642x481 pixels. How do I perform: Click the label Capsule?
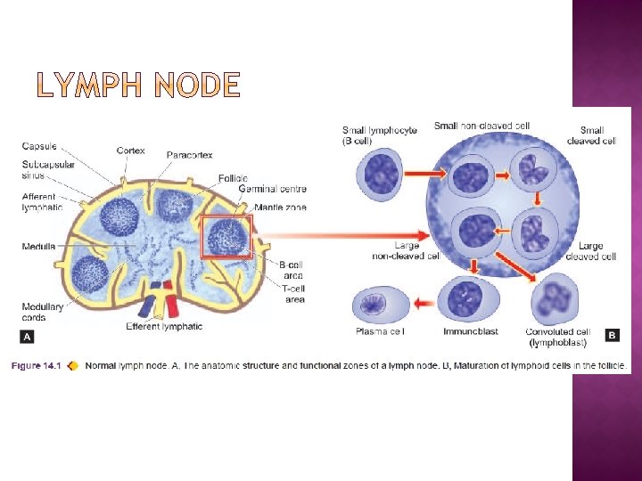[39, 146]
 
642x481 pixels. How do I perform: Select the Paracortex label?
[189, 155]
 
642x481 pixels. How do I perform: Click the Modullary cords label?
[42, 312]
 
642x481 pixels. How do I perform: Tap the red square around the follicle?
[226, 237]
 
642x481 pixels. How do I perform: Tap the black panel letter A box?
[27, 337]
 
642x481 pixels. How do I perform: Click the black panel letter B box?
[612, 335]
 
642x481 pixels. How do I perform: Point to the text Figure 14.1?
[37, 365]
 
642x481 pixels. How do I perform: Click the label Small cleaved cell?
[592, 135]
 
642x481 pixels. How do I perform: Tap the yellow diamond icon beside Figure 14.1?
[72, 365]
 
